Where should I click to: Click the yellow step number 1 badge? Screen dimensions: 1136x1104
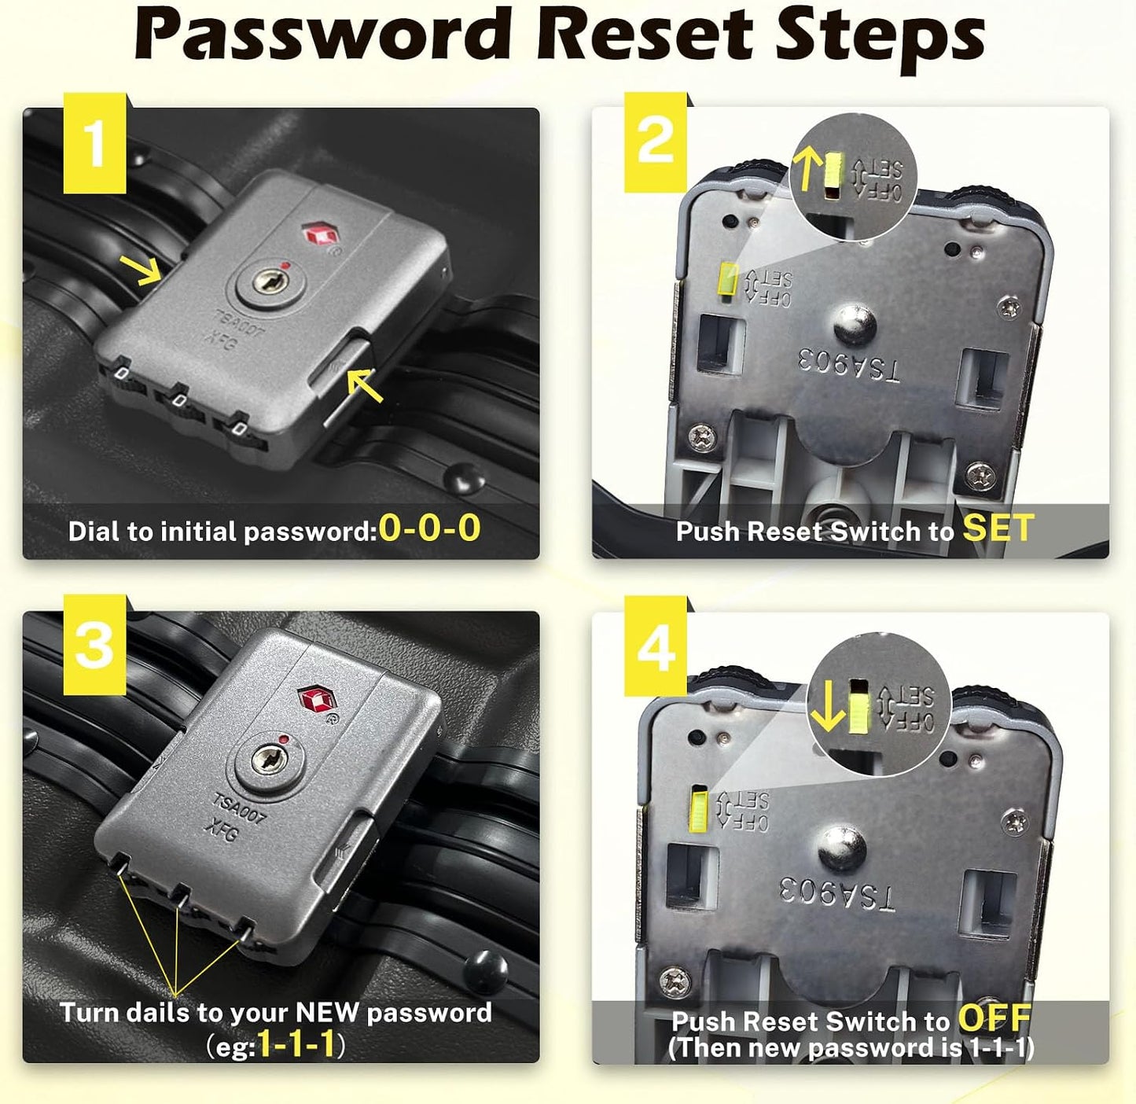pos(94,143)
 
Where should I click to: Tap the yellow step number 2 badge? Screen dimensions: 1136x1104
pos(655,142)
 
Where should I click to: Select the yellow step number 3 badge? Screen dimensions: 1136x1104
pos(94,645)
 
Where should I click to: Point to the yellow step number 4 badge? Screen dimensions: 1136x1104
pos(655,646)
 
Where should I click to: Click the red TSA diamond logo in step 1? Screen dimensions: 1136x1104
pos(320,235)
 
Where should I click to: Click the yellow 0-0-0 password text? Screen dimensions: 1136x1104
pos(430,529)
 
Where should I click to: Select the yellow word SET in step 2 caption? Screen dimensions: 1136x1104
pos(998,528)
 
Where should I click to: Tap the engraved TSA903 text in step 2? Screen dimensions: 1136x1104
pos(849,366)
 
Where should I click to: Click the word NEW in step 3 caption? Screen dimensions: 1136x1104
pos(327,1013)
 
